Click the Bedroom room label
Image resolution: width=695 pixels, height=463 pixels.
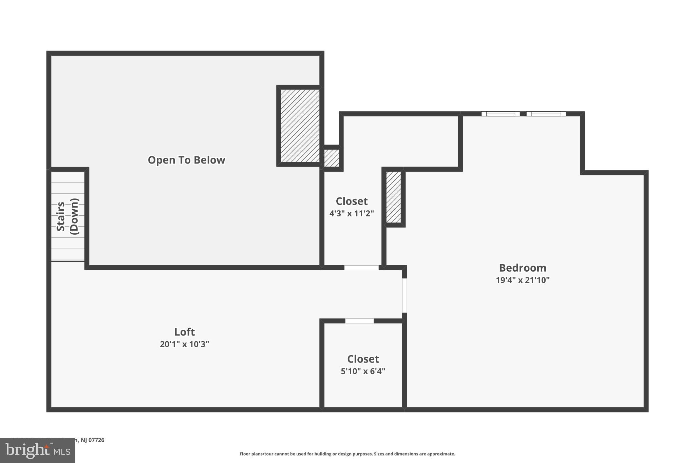(522, 268)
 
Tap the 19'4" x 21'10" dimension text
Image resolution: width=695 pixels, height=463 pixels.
(522, 280)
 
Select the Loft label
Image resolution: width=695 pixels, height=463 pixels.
(184, 332)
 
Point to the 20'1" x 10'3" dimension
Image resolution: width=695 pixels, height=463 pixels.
(184, 344)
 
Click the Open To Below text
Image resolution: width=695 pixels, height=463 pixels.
(186, 160)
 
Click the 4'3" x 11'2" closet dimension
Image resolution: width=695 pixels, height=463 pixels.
(352, 213)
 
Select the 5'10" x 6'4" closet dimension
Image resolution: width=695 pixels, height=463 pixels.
(363, 371)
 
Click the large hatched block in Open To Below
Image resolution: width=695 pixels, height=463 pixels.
(300, 126)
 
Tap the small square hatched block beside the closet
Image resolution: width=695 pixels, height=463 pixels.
(331, 158)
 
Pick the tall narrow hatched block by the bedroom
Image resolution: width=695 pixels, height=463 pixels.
(394, 197)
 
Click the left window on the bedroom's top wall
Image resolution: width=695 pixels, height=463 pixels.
(500, 114)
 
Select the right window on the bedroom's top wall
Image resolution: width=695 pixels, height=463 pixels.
(546, 114)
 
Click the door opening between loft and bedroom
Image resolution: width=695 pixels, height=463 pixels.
(404, 295)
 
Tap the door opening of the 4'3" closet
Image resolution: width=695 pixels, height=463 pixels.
(361, 268)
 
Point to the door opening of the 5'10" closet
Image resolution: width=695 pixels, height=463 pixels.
(359, 321)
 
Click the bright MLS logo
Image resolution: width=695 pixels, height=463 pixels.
(37, 451)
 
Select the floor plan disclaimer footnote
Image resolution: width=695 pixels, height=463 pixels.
(347, 454)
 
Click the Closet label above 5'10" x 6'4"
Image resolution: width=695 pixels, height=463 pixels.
(363, 359)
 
